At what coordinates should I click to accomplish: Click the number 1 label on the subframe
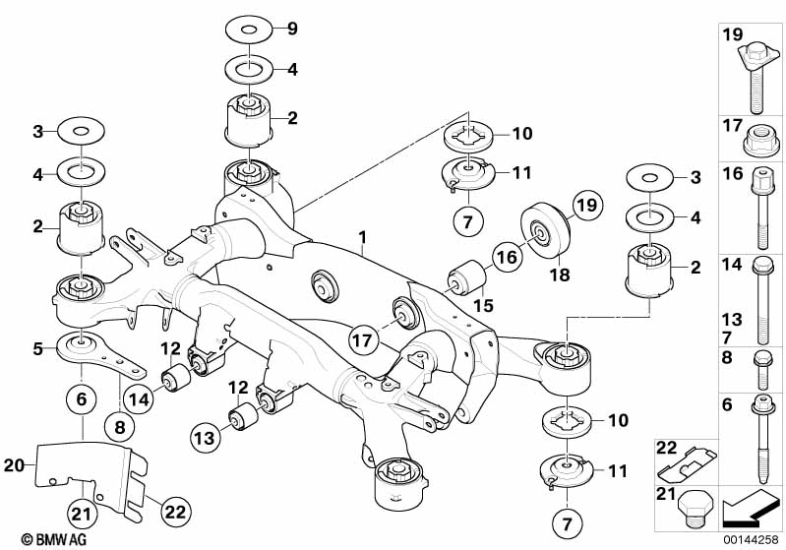(x=362, y=237)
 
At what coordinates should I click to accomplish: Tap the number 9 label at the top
(x=291, y=29)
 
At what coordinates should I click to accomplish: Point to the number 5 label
(x=37, y=347)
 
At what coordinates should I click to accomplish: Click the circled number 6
(x=81, y=399)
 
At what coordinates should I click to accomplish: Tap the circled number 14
(x=138, y=399)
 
